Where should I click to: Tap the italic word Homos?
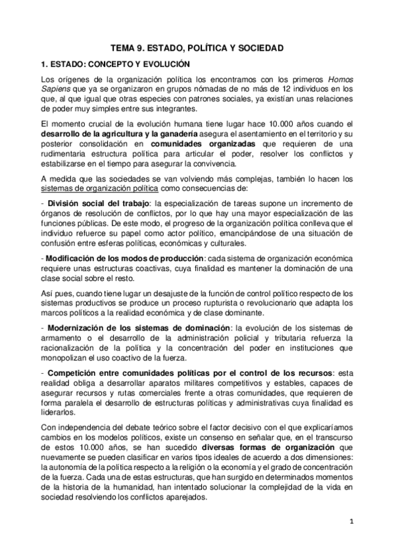tap(341, 80)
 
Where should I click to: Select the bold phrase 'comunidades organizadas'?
tap(195, 144)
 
